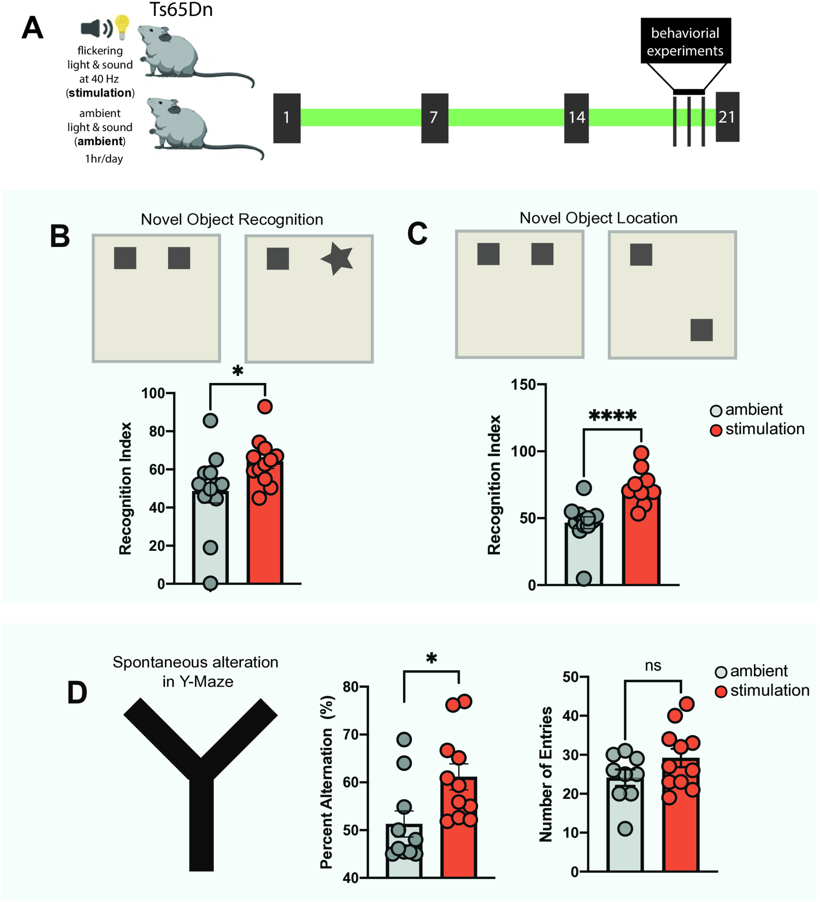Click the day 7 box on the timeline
[x=434, y=118]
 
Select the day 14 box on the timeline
[x=576, y=118]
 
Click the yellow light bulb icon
[x=122, y=26]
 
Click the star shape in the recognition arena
[x=338, y=258]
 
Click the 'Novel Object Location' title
[x=598, y=218]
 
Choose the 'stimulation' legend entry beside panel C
[x=757, y=429]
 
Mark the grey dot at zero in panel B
[x=210, y=583]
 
